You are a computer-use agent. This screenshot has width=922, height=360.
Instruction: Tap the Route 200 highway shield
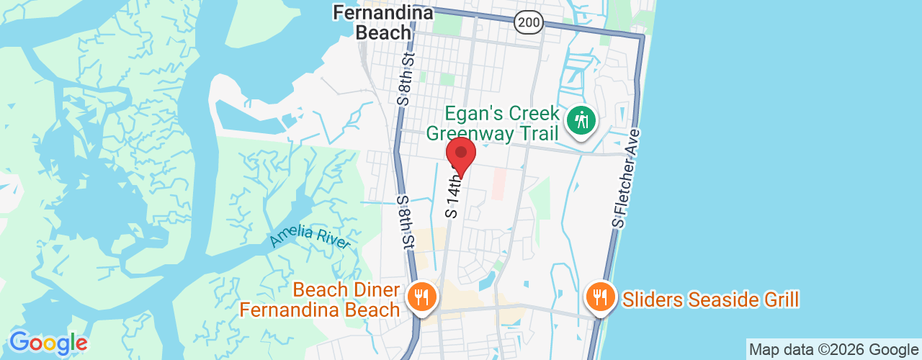[x=529, y=22]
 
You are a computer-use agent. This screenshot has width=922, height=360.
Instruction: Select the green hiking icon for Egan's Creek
[x=581, y=120]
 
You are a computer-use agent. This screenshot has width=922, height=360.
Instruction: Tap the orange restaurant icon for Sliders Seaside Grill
[x=599, y=295]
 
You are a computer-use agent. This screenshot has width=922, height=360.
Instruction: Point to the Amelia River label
[x=310, y=238]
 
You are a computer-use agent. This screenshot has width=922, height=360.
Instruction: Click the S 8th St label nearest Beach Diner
[x=405, y=223]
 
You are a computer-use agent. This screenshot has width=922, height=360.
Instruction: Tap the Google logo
[x=48, y=343]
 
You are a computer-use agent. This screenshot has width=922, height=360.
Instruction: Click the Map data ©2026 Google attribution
[x=833, y=350]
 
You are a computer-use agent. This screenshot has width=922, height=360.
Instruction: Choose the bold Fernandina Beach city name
[x=382, y=22]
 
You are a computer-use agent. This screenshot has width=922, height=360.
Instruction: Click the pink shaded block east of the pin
[x=498, y=184]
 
